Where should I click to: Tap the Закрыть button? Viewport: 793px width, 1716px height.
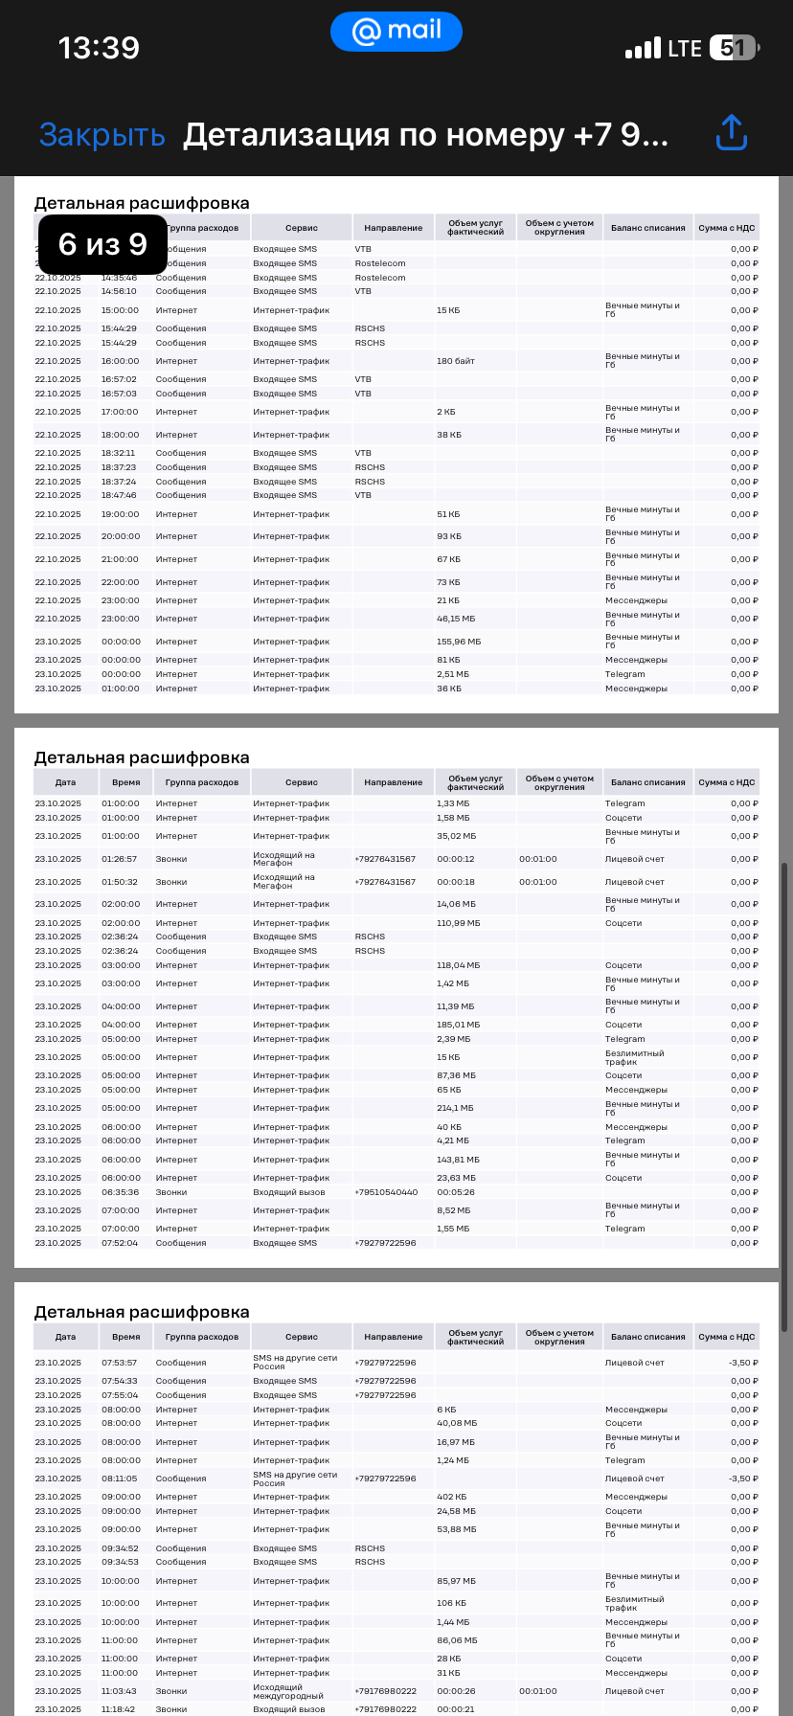[102, 135]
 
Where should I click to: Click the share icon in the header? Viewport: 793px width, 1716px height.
[731, 133]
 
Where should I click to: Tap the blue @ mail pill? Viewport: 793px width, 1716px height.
[396, 32]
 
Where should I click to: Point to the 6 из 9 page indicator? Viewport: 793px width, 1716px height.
[102, 244]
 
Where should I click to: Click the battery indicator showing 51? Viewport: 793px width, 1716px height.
[734, 48]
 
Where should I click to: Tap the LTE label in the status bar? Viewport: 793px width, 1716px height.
[685, 48]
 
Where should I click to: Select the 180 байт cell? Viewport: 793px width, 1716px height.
[456, 361]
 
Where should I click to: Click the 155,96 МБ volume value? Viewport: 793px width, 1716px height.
[459, 642]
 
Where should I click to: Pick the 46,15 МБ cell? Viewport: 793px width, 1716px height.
[457, 619]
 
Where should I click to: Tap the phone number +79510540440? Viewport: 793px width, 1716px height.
[386, 1192]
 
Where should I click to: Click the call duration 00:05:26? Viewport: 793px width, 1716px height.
[456, 1192]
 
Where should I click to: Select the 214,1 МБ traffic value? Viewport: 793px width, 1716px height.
[456, 1108]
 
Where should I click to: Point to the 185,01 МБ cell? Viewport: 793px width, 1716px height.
[459, 1025]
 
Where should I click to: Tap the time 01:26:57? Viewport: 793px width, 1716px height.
[120, 859]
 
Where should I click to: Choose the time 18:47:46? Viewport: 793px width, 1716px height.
[120, 495]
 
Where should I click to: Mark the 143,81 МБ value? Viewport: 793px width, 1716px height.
[459, 1160]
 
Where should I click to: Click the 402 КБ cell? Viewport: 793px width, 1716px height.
[452, 1497]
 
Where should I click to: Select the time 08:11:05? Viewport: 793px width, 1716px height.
[120, 1479]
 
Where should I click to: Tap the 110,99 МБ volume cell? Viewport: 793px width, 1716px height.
[459, 923]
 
